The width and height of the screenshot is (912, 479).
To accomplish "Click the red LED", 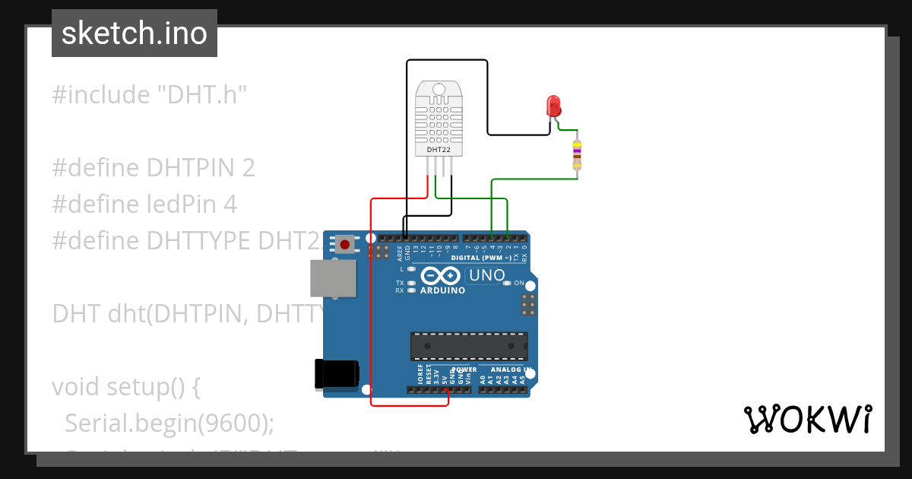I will tap(553, 105).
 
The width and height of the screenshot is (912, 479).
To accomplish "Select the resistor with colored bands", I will tap(577, 155).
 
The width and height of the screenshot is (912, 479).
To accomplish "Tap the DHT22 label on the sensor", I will tap(438, 150).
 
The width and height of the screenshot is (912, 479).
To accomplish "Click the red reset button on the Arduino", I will tap(346, 245).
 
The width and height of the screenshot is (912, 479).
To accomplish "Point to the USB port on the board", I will tap(333, 278).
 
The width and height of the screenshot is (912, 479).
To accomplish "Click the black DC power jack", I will tap(336, 374).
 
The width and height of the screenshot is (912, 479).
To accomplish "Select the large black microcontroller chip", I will tap(469, 346).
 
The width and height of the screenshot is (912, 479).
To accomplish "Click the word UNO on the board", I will tap(486, 275).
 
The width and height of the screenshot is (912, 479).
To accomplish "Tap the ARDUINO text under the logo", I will tap(442, 290).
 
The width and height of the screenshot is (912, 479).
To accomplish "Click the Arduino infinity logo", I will tap(442, 275).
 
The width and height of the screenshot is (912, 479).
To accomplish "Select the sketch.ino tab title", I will tap(135, 33).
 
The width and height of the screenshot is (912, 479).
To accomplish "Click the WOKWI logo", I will tap(807, 419).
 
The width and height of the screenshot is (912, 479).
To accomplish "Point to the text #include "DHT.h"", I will tap(150, 95).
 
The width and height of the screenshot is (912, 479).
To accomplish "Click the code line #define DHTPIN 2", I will tap(153, 167).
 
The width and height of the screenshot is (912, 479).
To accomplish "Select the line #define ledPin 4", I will tap(144, 204).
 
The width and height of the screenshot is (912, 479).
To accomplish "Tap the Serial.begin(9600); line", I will tap(169, 422).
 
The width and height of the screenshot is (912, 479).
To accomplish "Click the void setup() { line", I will tap(126, 386).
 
